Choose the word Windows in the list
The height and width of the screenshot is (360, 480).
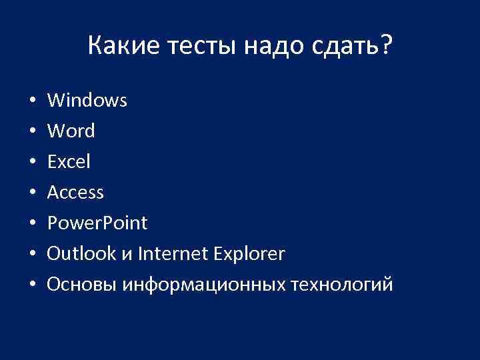click(87, 101)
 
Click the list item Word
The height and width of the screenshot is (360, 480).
click(71, 131)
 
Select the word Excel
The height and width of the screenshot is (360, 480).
click(69, 162)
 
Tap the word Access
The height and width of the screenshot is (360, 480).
click(76, 193)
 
